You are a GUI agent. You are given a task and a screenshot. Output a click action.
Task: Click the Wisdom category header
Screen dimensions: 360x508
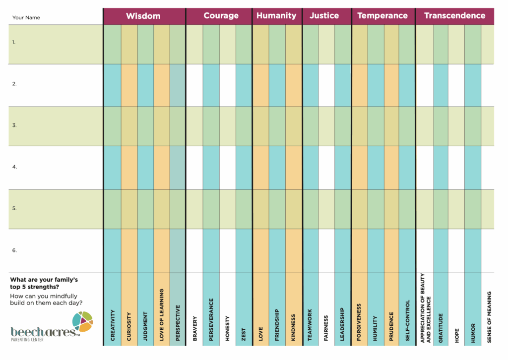tap(143, 16)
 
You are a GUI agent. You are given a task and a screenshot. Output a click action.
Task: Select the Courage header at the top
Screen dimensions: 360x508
tap(221, 16)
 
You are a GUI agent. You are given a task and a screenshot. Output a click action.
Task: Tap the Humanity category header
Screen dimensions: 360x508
tap(276, 16)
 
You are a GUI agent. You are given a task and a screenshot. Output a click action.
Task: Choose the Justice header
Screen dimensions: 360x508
tap(324, 16)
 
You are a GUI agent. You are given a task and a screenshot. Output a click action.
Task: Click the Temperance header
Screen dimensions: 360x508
tap(382, 16)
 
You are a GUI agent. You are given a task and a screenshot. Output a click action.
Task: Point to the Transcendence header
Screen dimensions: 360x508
tap(454, 16)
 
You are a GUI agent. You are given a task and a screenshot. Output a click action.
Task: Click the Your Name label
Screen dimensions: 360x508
tap(26, 18)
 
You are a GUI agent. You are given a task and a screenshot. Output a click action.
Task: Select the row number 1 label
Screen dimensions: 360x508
tap(14, 43)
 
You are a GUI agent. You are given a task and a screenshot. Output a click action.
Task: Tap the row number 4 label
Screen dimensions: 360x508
tap(14, 167)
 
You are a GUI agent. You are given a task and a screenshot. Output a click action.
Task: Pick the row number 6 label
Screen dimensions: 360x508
tap(14, 250)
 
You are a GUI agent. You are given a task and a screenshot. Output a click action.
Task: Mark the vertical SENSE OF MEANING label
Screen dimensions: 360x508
tap(489, 317)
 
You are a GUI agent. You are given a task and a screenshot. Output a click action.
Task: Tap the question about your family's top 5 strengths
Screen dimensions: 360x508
tap(44, 283)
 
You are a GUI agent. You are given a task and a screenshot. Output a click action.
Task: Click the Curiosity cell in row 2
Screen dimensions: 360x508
tap(129, 85)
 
